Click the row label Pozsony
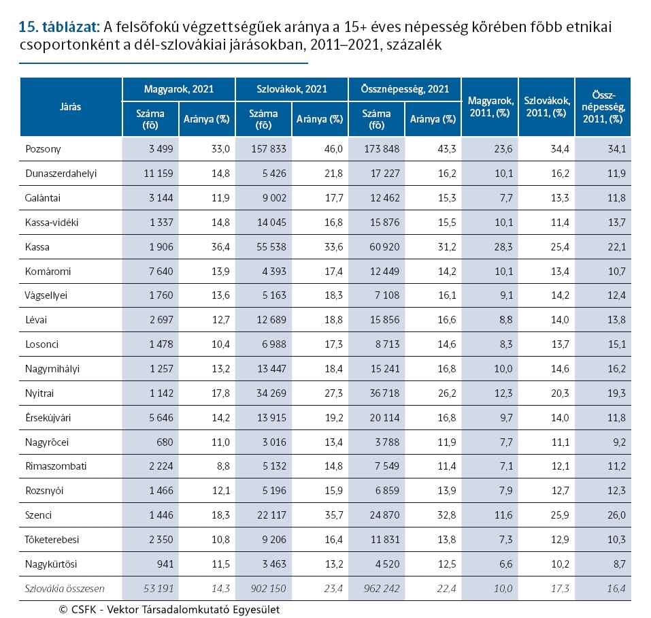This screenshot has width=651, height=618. tap(43, 149)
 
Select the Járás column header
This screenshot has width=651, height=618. tap(70, 107)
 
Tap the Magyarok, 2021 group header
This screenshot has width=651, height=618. tap(178, 89)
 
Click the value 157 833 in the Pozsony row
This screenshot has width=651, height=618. tap(269, 148)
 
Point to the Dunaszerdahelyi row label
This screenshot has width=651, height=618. tap(61, 174)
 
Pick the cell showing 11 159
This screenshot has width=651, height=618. tap(158, 173)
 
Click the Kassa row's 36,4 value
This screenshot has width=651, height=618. tap(220, 246)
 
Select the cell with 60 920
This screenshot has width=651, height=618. tap(384, 246)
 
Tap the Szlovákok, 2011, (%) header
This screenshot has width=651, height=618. tap(547, 107)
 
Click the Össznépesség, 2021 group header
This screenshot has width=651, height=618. tap(405, 89)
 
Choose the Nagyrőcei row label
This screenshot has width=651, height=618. tap(47, 442)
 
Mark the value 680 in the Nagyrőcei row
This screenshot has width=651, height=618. tap(165, 442)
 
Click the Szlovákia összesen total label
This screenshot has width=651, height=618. tap(65, 589)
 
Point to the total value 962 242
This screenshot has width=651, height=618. tap(382, 589)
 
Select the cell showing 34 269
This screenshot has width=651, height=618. tap(271, 393)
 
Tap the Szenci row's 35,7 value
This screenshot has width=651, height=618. tap(334, 515)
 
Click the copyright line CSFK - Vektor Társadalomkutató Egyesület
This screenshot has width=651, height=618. tap(169, 609)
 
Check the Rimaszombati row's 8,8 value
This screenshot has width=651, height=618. tap(223, 466)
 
